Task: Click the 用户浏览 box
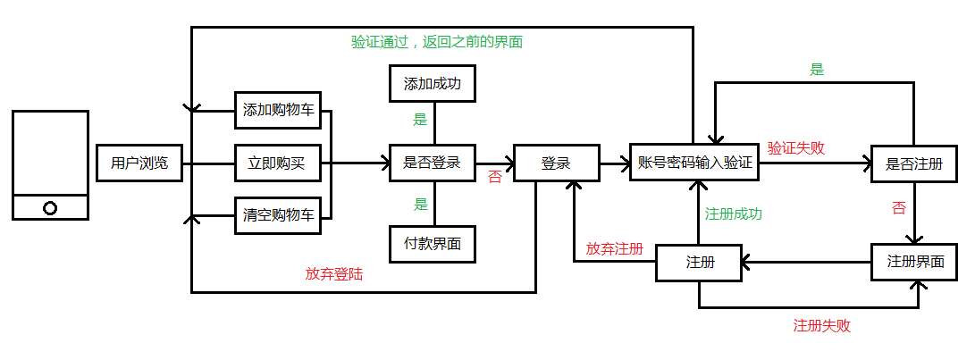(x=139, y=163)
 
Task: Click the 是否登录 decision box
(x=432, y=163)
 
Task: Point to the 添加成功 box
(x=432, y=84)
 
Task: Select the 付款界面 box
(x=432, y=243)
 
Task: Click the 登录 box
(x=555, y=163)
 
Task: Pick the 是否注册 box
(x=914, y=164)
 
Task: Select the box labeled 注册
(x=700, y=263)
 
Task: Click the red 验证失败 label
(x=795, y=148)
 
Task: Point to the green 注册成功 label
(x=733, y=214)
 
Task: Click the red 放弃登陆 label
(x=333, y=275)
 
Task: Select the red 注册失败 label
(x=821, y=326)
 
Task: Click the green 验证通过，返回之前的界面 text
(x=437, y=42)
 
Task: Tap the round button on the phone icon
(x=50, y=208)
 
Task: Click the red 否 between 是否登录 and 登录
(x=494, y=178)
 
